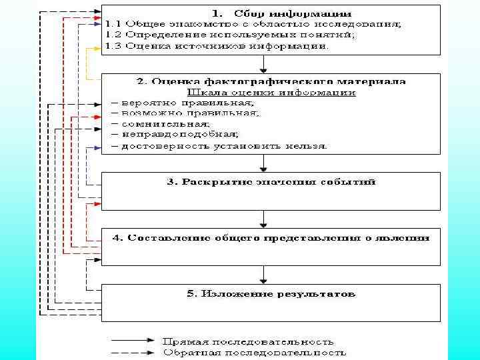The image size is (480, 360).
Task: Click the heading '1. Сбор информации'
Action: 283,13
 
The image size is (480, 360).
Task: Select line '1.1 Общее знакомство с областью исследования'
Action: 253,24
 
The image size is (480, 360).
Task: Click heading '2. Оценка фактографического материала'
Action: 271,81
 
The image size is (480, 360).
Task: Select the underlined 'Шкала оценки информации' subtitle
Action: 273,93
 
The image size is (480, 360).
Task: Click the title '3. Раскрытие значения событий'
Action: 270,181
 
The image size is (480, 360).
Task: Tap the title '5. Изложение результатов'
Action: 270,293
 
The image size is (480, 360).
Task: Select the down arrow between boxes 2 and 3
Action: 265,163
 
